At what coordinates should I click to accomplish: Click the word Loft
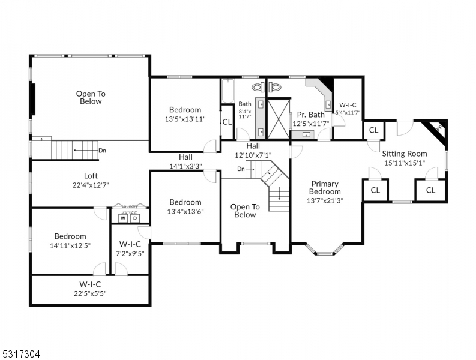point(91,176)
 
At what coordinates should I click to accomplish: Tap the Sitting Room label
point(405,154)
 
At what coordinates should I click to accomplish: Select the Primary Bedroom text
point(324,188)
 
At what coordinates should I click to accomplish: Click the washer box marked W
point(123,218)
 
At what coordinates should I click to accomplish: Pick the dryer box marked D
point(136,218)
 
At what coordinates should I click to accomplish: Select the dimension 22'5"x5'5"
point(90,293)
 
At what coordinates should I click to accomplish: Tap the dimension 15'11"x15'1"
point(405,162)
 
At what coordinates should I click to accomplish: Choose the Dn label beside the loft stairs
point(103,151)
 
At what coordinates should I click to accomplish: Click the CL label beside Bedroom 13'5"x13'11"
point(227,121)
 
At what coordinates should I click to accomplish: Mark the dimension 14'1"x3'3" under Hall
point(185,166)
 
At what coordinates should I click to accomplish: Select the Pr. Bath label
point(310,115)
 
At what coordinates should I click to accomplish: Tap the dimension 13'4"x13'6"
point(185,211)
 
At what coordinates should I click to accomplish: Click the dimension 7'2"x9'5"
point(130,253)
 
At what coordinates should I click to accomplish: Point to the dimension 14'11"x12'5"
point(70,245)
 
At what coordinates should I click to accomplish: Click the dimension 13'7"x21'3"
point(324,200)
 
